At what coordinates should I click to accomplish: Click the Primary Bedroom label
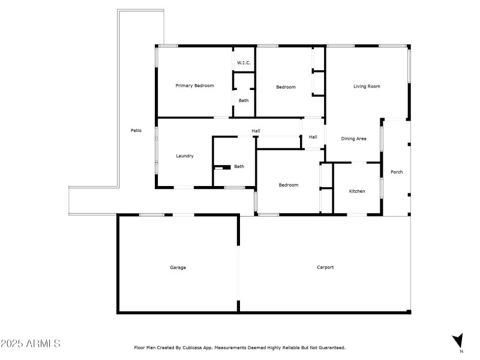click(x=194, y=86)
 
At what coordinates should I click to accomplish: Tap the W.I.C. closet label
click(x=244, y=63)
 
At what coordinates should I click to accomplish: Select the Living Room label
click(x=367, y=86)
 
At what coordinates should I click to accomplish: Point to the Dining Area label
click(x=353, y=139)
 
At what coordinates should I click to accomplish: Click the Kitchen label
click(x=357, y=191)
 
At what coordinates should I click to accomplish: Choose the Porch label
click(x=397, y=172)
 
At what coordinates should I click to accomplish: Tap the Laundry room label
click(x=184, y=156)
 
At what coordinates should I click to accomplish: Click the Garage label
click(x=178, y=268)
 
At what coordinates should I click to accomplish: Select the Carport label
click(x=325, y=268)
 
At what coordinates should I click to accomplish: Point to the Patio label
click(x=136, y=130)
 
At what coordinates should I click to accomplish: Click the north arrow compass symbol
click(x=458, y=341)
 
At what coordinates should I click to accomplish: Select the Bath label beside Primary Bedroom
click(x=244, y=100)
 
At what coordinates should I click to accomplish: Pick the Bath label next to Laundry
click(x=239, y=166)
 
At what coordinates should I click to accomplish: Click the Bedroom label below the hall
click(x=288, y=185)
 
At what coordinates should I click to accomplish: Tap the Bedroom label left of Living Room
click(x=286, y=88)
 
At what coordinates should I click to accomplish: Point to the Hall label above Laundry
click(x=256, y=131)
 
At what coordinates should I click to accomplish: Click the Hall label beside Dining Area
click(x=313, y=137)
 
